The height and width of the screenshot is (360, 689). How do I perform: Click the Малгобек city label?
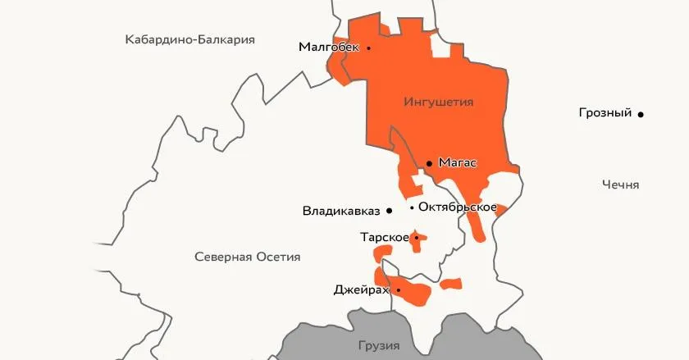328,48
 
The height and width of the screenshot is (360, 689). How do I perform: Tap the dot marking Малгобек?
368,48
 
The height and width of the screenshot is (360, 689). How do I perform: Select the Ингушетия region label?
440,102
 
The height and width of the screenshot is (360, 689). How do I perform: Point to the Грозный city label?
605,113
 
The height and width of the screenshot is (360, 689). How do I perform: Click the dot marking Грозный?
641,114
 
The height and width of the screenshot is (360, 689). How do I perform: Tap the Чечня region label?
619,185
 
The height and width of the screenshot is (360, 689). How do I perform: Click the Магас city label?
458,162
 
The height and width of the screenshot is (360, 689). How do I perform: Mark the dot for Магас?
429,163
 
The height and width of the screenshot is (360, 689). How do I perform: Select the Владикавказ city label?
341,211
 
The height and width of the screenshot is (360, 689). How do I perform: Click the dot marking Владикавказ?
390,211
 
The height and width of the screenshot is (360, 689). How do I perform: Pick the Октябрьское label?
457,207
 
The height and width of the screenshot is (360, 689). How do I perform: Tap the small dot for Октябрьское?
412,207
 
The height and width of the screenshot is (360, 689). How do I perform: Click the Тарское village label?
384,238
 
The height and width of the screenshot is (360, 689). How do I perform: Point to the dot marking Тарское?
416,238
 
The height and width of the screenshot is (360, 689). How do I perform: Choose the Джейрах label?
361,289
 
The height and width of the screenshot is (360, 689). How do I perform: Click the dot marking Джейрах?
398,289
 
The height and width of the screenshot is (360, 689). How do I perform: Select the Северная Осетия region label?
247,257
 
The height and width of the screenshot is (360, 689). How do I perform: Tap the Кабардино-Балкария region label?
189,39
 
